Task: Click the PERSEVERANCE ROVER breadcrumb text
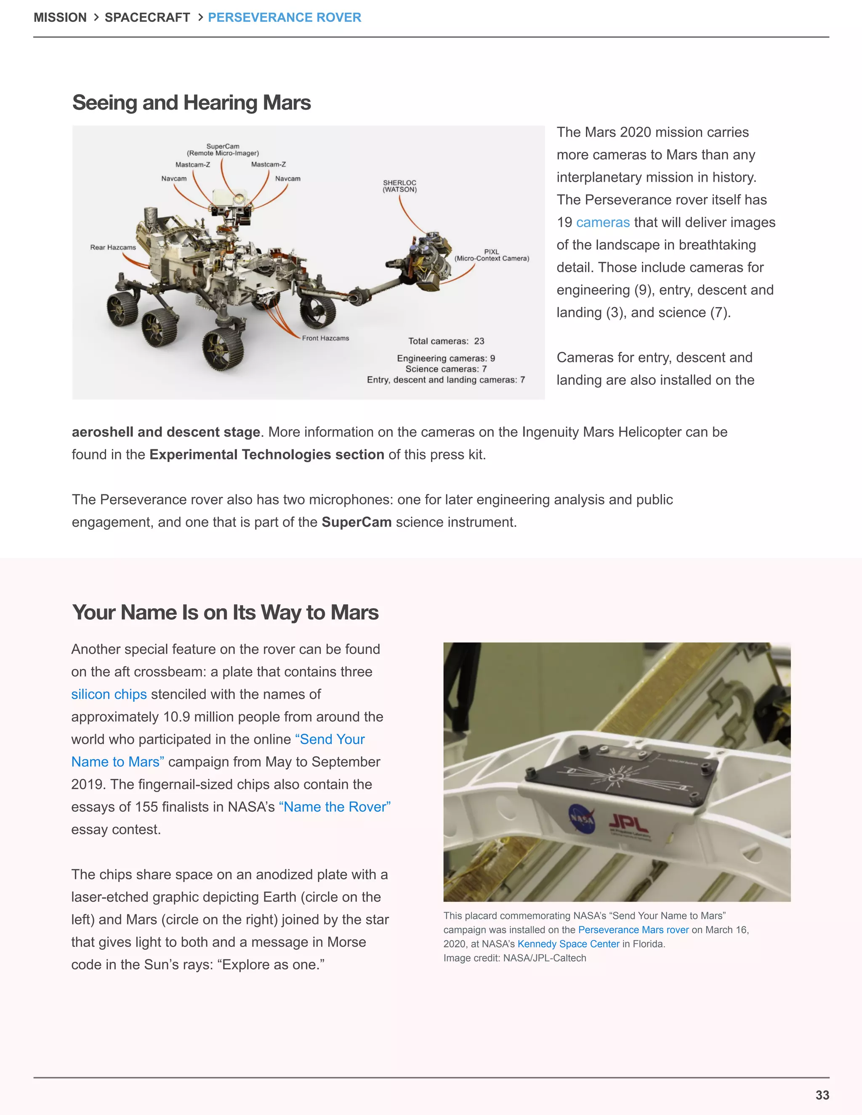click(x=285, y=17)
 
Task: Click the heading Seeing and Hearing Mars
click(x=191, y=103)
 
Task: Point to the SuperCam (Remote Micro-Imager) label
click(x=223, y=150)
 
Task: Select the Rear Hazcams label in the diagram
click(x=113, y=247)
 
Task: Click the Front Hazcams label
click(x=325, y=338)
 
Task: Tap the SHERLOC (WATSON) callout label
click(x=399, y=186)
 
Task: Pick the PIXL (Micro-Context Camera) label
click(x=491, y=255)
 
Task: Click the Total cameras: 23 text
click(x=446, y=341)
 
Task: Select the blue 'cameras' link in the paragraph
click(x=603, y=222)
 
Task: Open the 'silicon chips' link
click(x=109, y=694)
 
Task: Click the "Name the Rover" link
click(x=335, y=807)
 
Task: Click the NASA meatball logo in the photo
click(x=582, y=818)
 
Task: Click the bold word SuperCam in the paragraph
click(x=357, y=522)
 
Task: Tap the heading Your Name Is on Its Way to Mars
click(x=225, y=612)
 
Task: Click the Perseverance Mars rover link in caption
click(x=633, y=930)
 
